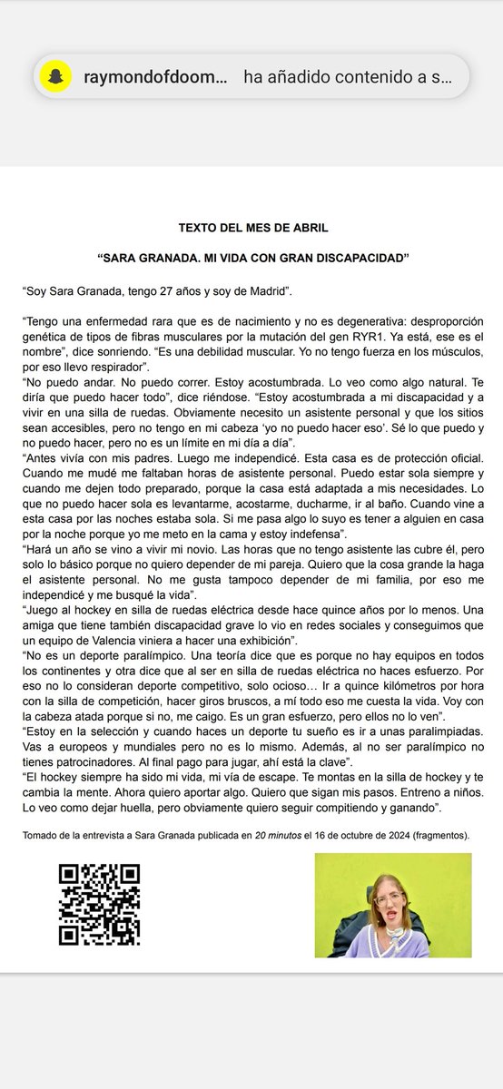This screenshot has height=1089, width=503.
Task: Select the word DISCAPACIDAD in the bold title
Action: pyautogui.click(x=359, y=259)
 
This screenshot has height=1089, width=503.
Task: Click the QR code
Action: pyautogui.click(x=99, y=905)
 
